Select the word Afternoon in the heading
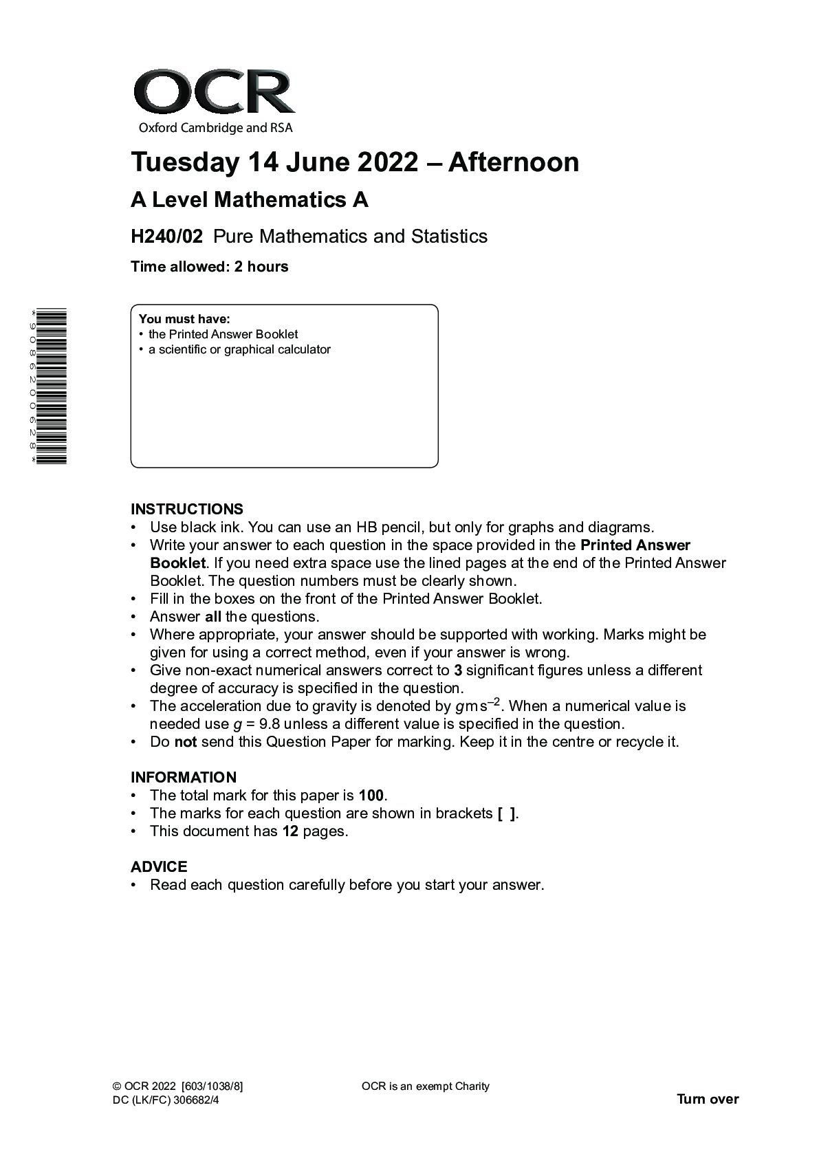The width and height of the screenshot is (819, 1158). (x=514, y=162)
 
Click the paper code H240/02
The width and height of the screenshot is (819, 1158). (x=166, y=237)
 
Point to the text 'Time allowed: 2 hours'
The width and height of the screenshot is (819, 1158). (x=210, y=267)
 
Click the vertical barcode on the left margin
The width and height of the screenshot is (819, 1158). (x=52, y=386)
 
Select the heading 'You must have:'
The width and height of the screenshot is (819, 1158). (x=184, y=319)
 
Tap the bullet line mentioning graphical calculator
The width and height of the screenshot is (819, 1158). (x=239, y=349)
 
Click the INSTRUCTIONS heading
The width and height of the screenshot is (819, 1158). (x=187, y=510)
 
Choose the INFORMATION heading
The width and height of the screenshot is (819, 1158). (x=184, y=778)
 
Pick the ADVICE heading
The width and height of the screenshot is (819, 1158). (x=159, y=867)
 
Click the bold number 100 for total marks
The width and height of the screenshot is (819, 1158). (x=371, y=796)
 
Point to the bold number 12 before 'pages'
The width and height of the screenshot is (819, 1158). (x=290, y=831)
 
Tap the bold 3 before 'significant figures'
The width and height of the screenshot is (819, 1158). (x=457, y=670)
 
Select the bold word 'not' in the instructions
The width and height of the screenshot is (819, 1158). (x=186, y=742)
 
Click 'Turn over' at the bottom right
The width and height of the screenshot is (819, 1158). (x=708, y=1119)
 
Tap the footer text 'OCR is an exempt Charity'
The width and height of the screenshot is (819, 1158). (x=425, y=1106)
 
